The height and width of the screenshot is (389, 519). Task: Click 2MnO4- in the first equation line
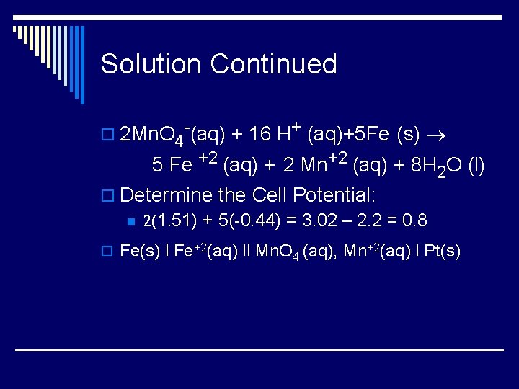(155, 135)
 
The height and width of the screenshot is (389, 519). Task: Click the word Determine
(167, 194)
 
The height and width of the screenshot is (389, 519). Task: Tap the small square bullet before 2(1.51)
(130, 221)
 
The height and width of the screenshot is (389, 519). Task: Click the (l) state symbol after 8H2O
(476, 166)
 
